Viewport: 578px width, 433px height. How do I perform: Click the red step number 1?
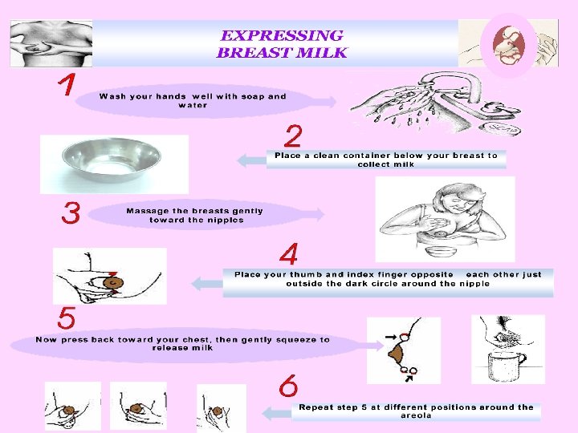coord(67,84)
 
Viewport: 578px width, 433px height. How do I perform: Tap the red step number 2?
coord(293,136)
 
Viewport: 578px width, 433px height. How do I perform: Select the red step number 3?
coord(71,212)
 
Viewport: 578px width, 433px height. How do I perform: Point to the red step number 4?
coord(289,254)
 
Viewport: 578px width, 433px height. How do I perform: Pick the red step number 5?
coord(67,318)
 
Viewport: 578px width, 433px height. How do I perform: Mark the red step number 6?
coord(288,386)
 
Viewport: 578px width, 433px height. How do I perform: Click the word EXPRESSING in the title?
coord(282,36)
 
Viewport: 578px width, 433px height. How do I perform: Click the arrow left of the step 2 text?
coord(252,160)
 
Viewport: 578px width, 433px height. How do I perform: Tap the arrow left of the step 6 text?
coord(277,413)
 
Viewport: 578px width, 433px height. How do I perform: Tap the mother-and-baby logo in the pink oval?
coord(508,45)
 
